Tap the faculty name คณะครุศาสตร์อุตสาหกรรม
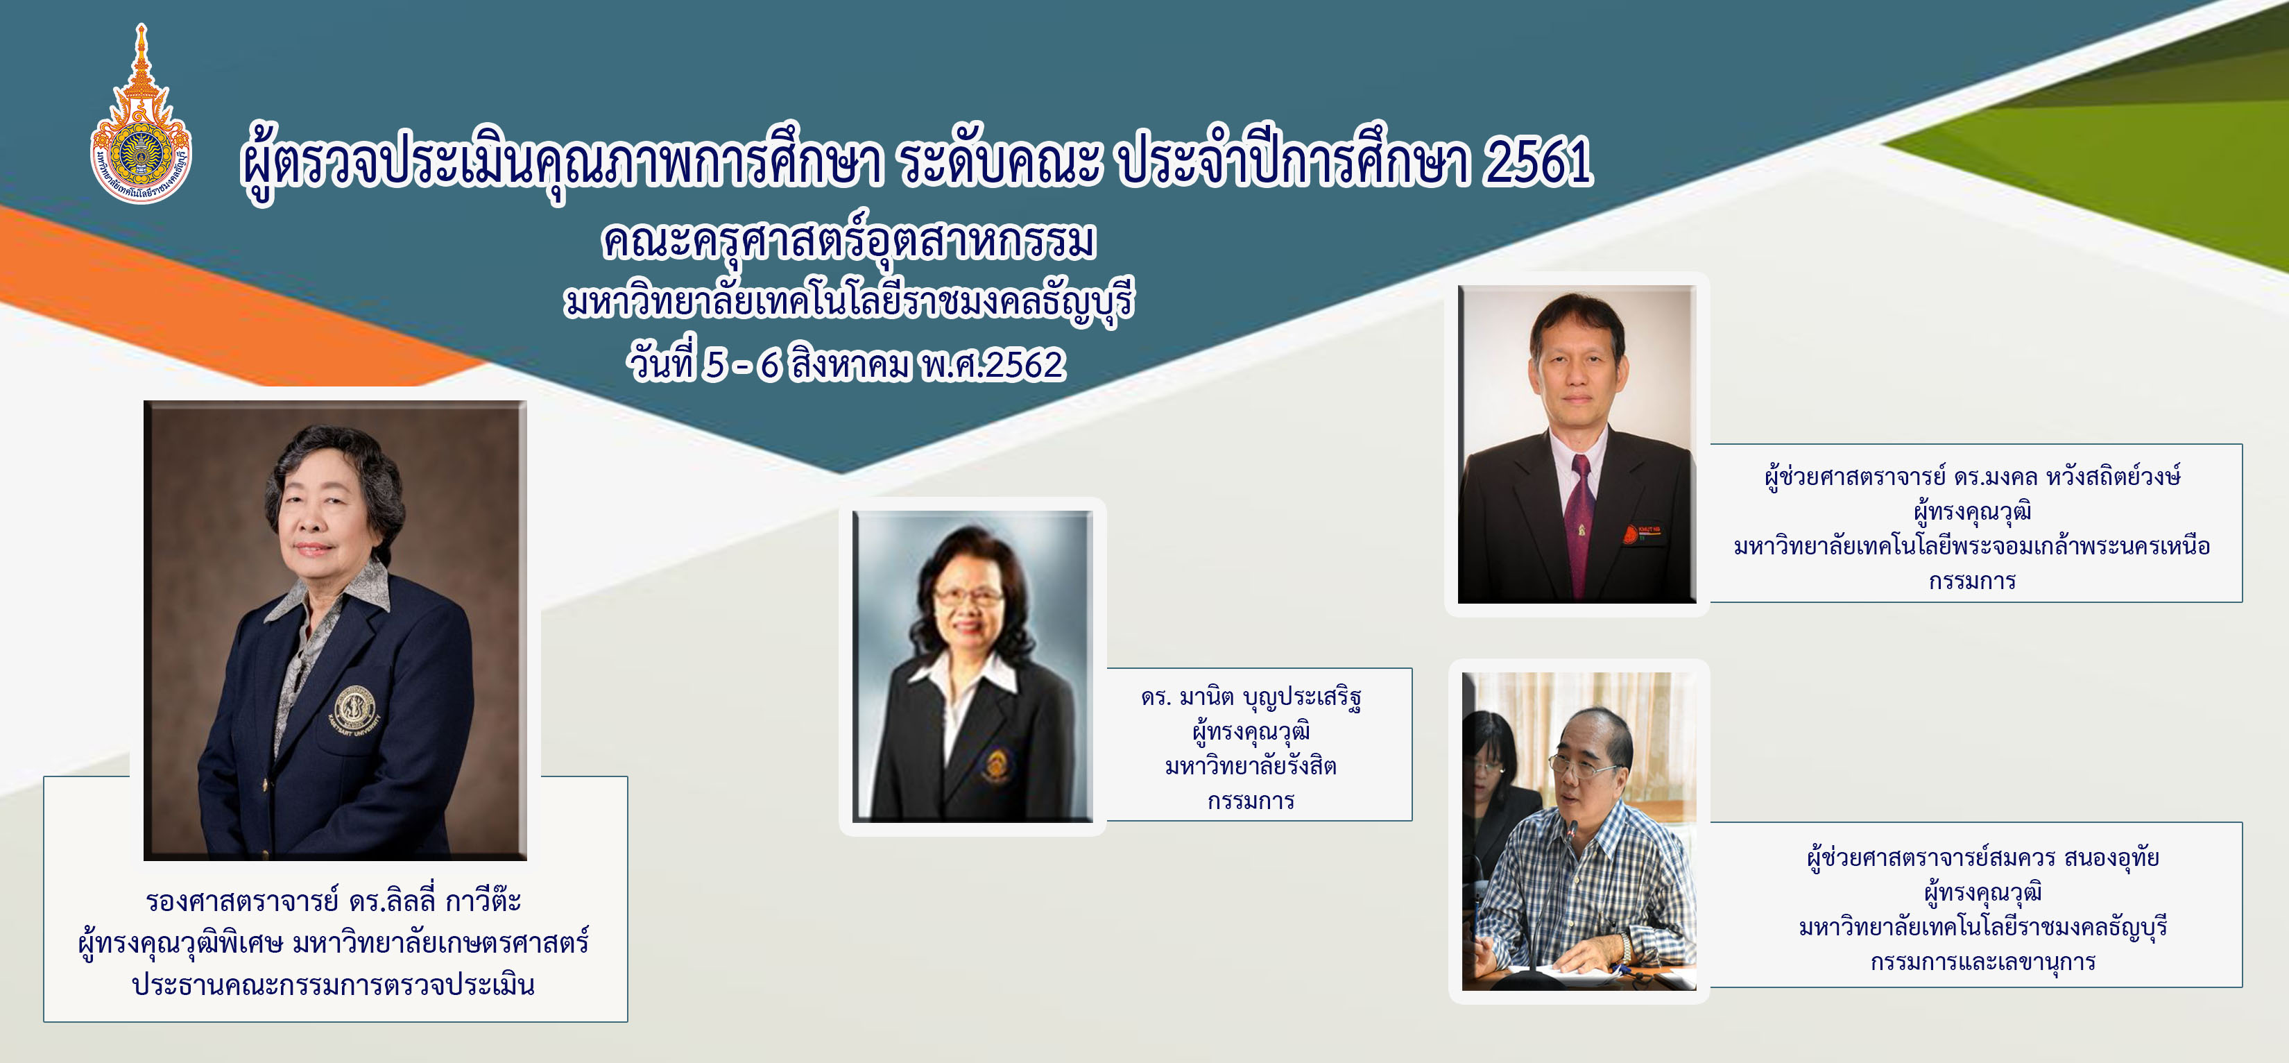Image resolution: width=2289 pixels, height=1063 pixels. [x=848, y=241]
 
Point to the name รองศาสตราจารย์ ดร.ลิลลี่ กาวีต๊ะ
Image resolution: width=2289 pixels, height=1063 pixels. [x=334, y=901]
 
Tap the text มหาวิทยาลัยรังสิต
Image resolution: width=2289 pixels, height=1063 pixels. [x=1251, y=766]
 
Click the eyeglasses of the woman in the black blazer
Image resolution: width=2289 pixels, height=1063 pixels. [x=968, y=597]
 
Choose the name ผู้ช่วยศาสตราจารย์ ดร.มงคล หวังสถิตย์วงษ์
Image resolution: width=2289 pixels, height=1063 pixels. [x=1973, y=477]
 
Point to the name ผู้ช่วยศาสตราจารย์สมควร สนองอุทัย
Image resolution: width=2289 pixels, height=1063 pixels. [x=1983, y=858]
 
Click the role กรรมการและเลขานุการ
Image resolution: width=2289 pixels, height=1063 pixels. [x=1983, y=962]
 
